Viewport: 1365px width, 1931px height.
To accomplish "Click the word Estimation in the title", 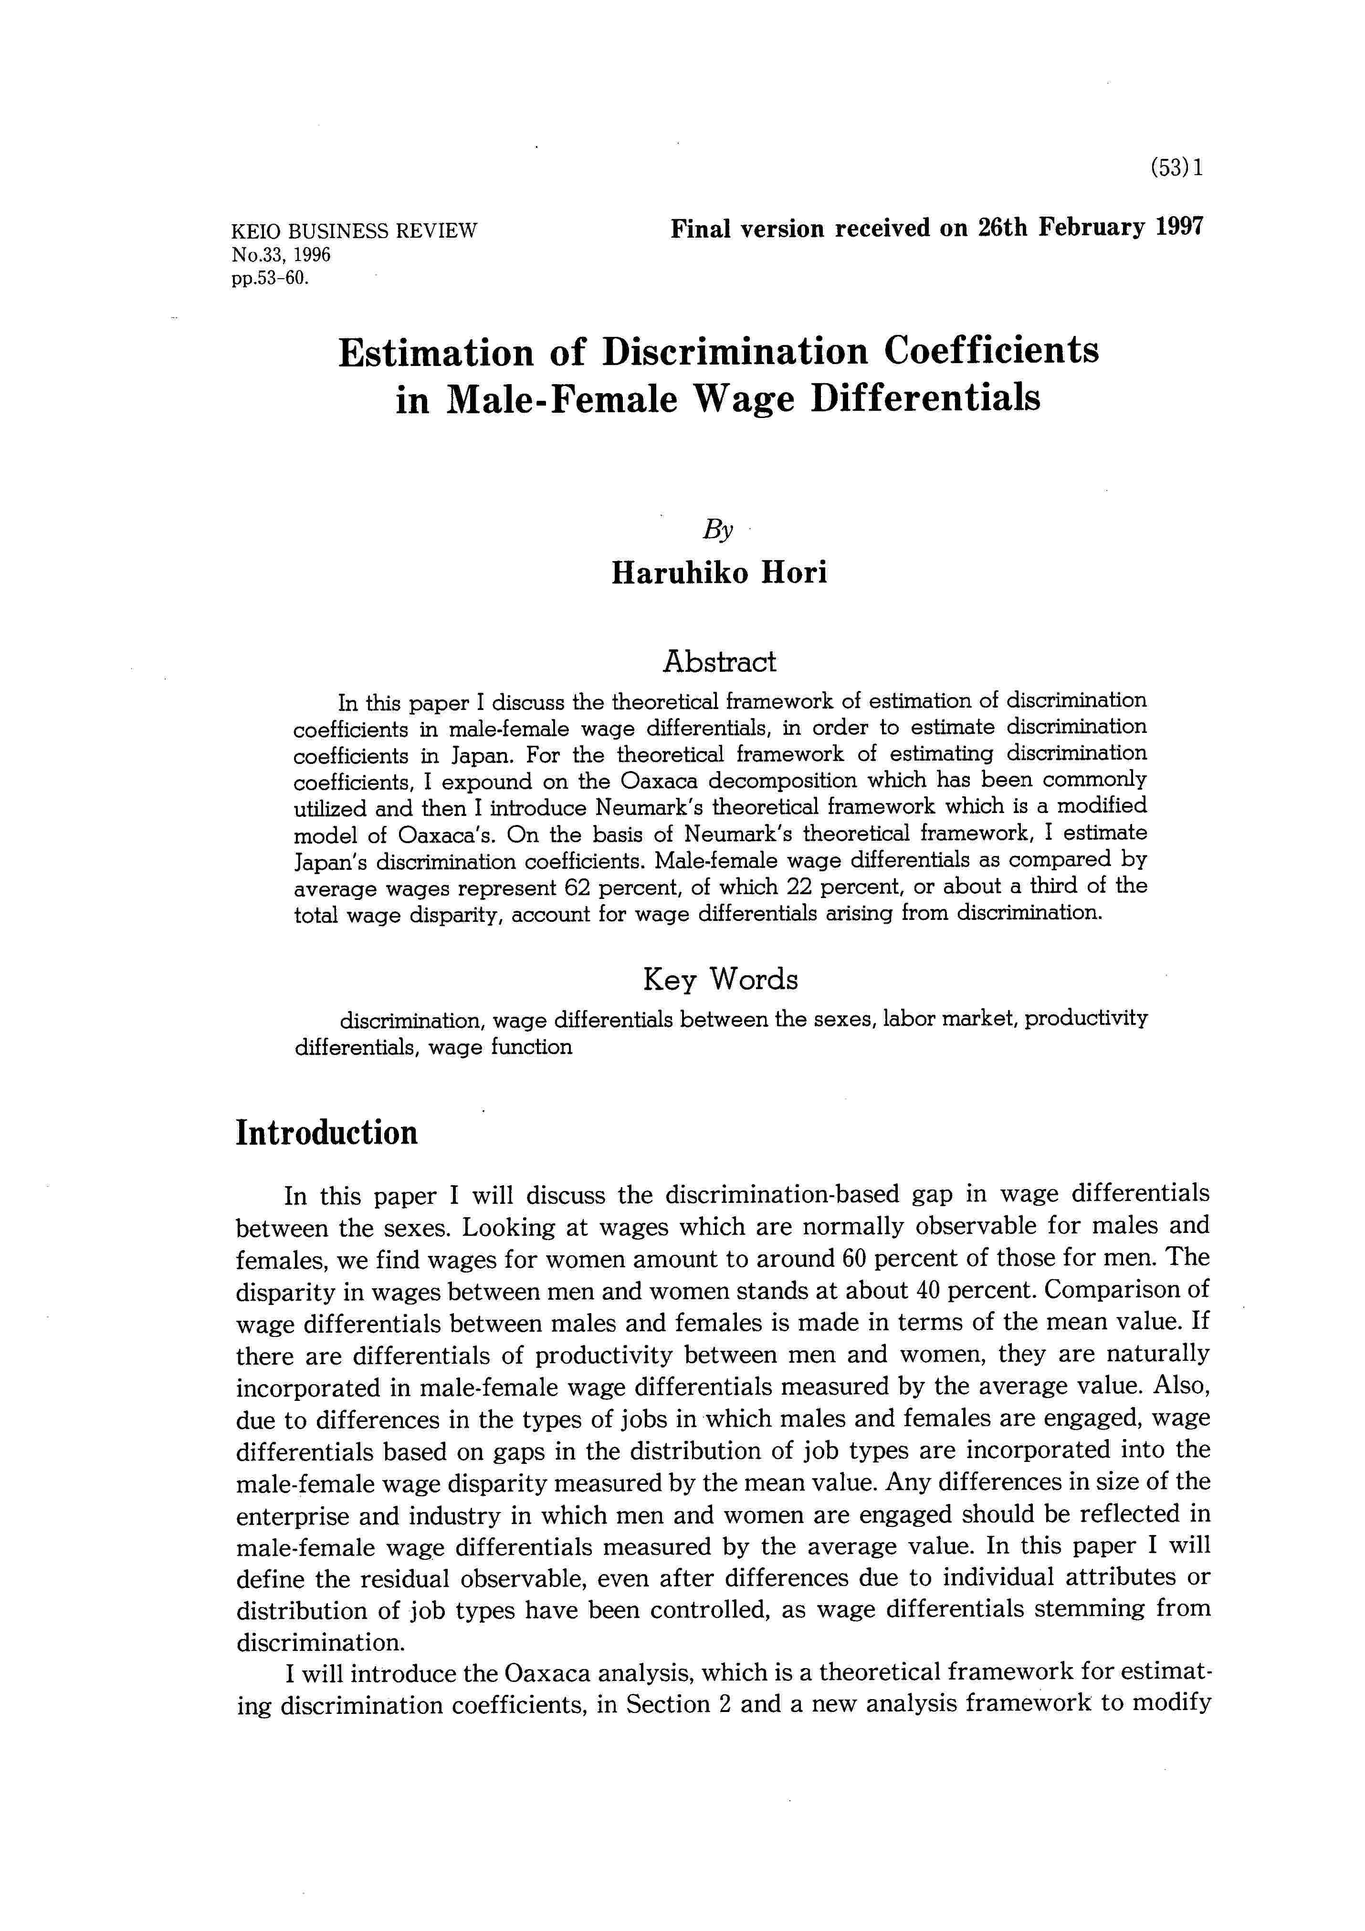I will click(436, 352).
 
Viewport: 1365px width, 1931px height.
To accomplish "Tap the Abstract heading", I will click(719, 662).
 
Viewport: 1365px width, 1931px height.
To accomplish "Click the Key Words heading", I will click(720, 979).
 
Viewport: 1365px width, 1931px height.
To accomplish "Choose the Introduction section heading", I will click(326, 1133).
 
